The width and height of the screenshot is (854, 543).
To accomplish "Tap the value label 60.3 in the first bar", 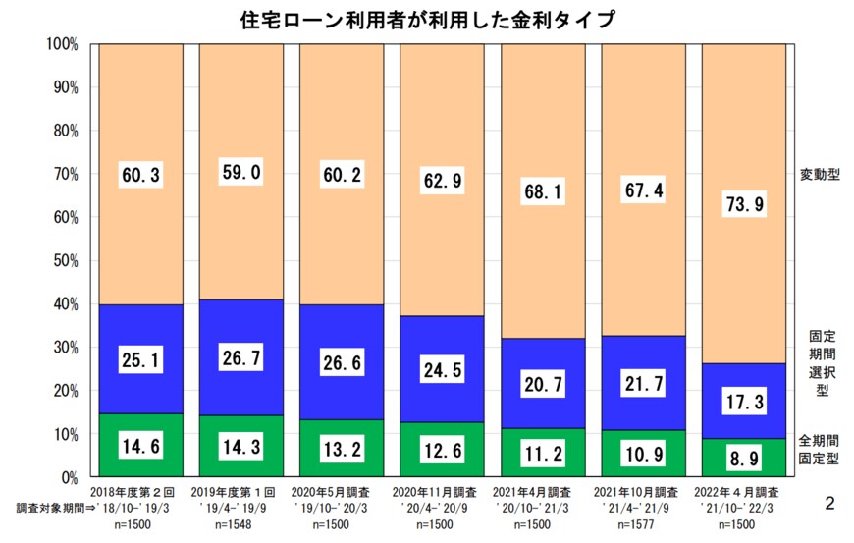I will point(140,176).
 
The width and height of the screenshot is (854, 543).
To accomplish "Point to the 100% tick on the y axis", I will point(63,44).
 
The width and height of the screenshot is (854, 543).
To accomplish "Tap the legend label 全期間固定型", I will point(818,450).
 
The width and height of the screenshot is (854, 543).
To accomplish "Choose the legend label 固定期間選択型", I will point(818,361).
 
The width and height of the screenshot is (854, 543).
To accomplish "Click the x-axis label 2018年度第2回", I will point(140,491).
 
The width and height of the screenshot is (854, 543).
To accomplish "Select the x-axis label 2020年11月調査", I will point(442,491).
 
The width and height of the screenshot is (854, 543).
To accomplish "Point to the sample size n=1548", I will point(240,525).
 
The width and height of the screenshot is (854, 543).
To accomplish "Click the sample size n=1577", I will point(643,525).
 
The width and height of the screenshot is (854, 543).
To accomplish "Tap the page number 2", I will point(829,504).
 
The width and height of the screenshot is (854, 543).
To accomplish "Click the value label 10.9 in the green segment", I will point(642,455).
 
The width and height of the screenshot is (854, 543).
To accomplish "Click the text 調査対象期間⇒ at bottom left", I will point(50,509).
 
